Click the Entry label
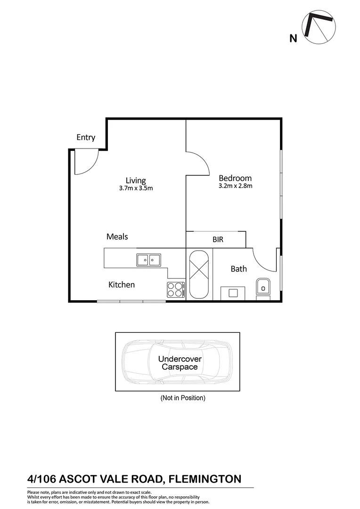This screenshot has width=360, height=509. [x=86, y=138]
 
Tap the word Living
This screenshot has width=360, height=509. [x=136, y=180]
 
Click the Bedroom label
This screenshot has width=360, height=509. [x=235, y=178]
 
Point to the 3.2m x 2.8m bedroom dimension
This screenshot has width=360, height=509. [x=235, y=186]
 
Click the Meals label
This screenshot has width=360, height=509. [x=117, y=237]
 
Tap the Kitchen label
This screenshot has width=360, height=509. [x=122, y=285]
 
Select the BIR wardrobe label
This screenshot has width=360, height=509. [x=218, y=240]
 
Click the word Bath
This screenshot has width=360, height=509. [x=238, y=269]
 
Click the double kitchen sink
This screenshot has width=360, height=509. [x=148, y=260]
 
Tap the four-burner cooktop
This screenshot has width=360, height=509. [x=175, y=289]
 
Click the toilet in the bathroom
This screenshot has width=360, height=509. [x=263, y=288]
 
